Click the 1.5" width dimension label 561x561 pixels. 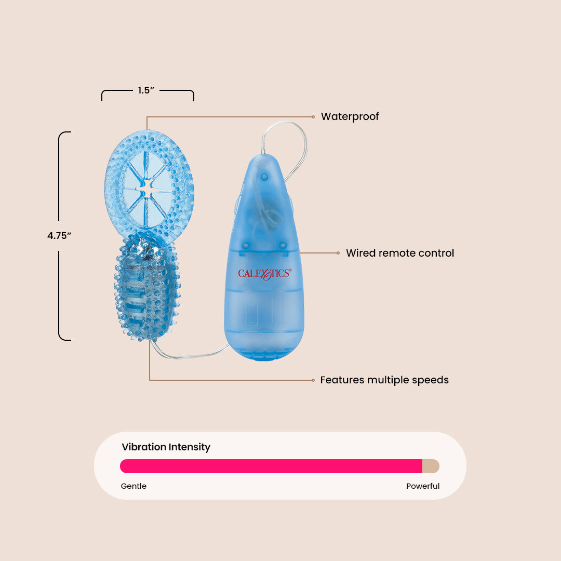(146, 90)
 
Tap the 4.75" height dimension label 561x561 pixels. (59, 235)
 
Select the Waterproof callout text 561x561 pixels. (350, 116)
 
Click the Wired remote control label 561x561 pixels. (400, 253)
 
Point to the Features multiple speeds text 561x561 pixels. (384, 380)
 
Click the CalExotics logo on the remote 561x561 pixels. (264, 274)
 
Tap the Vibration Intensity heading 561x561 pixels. (166, 447)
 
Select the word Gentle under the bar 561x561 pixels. (133, 486)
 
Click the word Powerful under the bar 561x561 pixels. (423, 486)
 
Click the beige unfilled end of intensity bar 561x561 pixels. (431, 466)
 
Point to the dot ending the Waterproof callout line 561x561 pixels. (313, 116)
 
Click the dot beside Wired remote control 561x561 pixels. (338, 253)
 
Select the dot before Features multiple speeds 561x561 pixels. (313, 380)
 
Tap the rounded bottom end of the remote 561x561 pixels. (264, 354)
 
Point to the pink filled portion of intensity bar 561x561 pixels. (270, 466)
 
